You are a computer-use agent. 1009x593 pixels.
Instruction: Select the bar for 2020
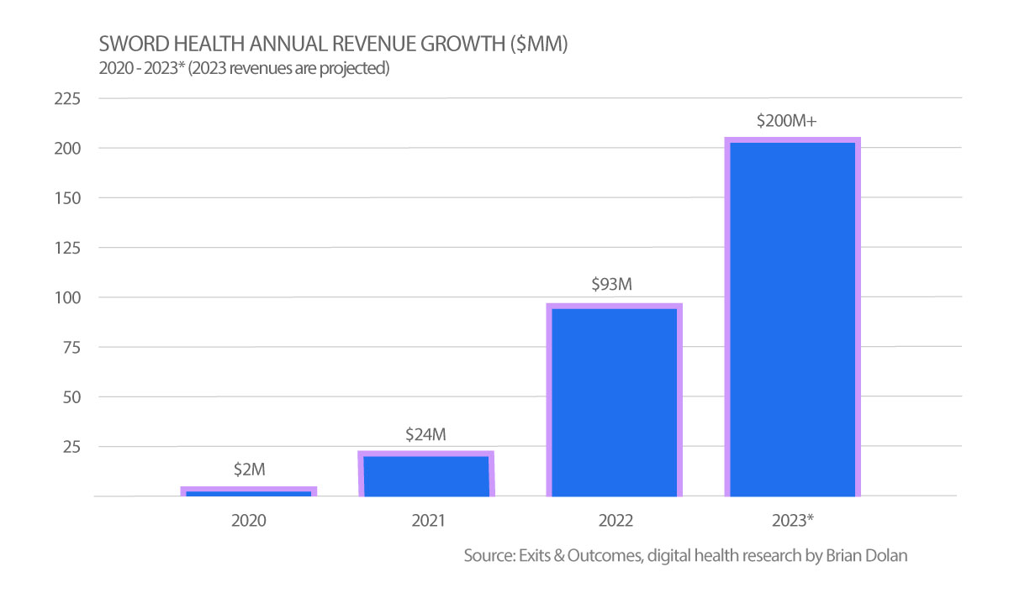tap(249, 492)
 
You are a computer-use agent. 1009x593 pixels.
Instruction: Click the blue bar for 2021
tap(426, 475)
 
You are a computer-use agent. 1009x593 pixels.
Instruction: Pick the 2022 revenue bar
tap(614, 401)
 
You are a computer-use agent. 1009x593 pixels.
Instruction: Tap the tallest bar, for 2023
tap(792, 319)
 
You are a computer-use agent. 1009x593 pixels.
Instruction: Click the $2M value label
tap(250, 470)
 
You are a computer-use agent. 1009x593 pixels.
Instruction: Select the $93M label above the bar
tap(612, 285)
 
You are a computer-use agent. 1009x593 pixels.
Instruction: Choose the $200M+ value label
tap(787, 121)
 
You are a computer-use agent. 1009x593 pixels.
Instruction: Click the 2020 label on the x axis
tap(249, 521)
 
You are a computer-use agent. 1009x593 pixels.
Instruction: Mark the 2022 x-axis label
tap(615, 521)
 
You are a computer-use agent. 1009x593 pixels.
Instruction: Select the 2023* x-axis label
tap(793, 521)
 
